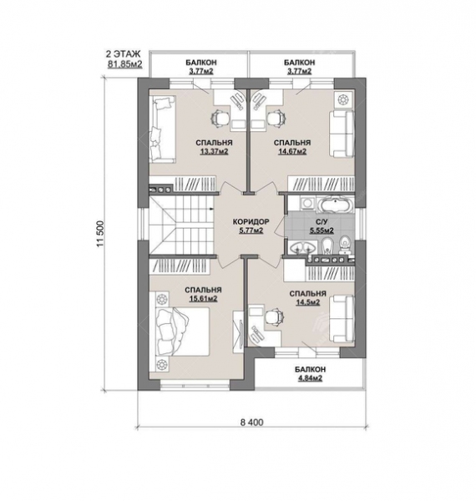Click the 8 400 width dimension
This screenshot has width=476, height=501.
point(251,423)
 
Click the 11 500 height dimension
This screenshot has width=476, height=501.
point(99,234)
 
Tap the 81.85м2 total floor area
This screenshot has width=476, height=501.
point(125,64)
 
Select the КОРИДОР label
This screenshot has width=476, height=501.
point(251,221)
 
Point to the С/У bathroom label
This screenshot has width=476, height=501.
point(322,221)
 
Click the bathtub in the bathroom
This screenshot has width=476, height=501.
point(335,205)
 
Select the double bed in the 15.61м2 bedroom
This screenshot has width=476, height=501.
point(182,331)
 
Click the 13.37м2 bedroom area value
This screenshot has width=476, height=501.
point(214,151)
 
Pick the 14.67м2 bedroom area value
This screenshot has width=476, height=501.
point(292,151)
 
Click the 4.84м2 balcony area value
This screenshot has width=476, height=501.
point(309,378)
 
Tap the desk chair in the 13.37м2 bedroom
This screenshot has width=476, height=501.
point(220,119)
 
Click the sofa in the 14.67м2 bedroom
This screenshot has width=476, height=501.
point(342,134)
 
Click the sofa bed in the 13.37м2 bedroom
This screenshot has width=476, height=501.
point(163,128)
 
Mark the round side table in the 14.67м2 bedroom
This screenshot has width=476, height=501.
point(343,99)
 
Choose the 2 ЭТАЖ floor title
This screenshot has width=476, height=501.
point(123,53)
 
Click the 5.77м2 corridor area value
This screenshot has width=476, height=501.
point(251,230)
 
